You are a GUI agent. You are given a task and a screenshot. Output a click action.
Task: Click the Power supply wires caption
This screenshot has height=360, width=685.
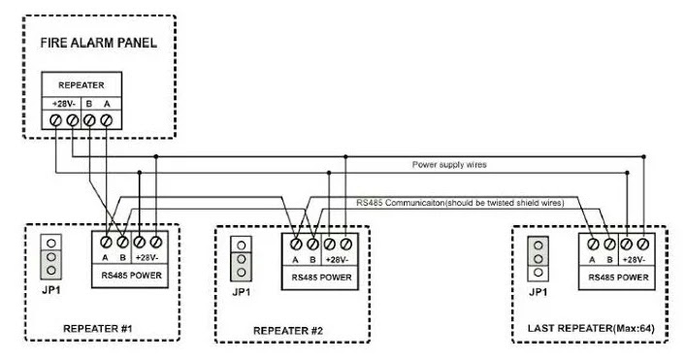[448, 165]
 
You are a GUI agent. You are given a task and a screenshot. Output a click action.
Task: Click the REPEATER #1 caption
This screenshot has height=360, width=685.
[98, 328]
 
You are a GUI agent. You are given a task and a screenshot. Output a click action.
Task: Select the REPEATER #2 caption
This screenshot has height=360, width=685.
[287, 331]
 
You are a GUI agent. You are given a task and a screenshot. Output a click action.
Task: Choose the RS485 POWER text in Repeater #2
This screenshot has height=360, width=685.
[321, 278]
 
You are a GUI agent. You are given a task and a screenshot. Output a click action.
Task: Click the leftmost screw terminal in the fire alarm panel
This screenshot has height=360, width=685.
[56, 121]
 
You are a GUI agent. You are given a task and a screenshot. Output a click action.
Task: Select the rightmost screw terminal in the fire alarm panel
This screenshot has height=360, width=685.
[107, 121]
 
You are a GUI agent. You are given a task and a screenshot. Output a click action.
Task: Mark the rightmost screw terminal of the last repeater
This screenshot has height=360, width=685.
[642, 243]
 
